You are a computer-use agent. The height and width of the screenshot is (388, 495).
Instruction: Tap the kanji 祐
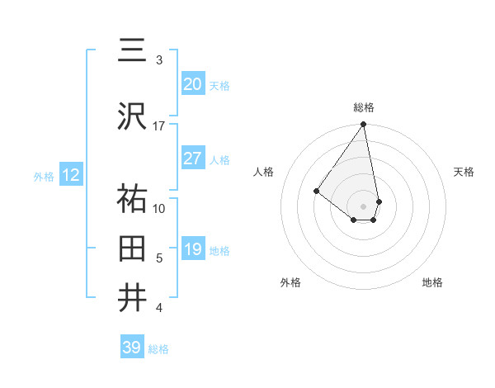click(x=133, y=199)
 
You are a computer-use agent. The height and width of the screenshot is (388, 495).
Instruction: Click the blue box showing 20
click(x=192, y=84)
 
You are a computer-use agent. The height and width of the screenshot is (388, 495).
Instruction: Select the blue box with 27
click(x=192, y=159)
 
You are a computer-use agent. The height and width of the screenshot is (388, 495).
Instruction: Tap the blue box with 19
click(x=192, y=249)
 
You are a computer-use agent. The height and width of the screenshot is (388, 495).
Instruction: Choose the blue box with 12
click(x=70, y=175)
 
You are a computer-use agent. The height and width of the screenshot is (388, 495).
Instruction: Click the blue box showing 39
click(x=131, y=348)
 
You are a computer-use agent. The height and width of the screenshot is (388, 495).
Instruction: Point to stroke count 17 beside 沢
click(x=159, y=125)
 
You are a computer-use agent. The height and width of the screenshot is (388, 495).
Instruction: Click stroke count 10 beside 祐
click(x=159, y=208)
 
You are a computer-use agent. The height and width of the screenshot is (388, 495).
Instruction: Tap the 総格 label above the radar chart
click(x=364, y=107)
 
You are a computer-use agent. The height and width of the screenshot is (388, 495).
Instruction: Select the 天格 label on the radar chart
click(x=464, y=172)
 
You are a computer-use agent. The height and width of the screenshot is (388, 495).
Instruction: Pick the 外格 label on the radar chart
click(x=290, y=283)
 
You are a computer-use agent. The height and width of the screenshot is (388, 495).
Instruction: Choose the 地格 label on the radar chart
click(x=432, y=283)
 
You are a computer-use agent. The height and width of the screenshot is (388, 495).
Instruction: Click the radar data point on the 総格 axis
click(x=364, y=125)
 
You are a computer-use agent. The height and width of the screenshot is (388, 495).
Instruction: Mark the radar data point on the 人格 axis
click(x=316, y=191)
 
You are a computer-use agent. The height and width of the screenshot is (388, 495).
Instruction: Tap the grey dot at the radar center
click(x=364, y=206)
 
